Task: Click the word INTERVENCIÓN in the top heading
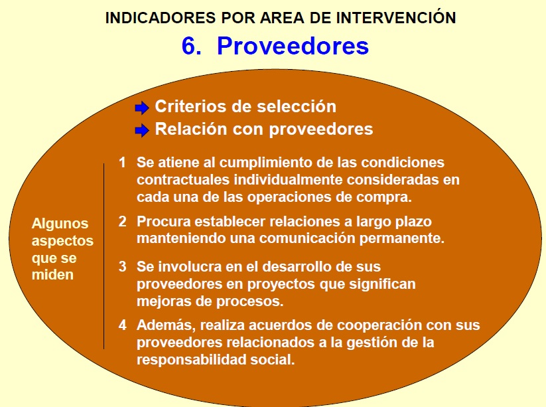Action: (395, 17)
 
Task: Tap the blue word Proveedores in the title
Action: (293, 46)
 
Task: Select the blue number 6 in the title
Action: (191, 46)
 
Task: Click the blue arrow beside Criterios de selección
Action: (142, 108)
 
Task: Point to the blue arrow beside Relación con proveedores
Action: (142, 131)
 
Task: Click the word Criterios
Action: (195, 106)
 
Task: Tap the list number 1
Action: (122, 163)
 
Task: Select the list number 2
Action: (122, 221)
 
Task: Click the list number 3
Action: (122, 266)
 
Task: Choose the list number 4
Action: (122, 325)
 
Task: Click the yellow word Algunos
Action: (60, 224)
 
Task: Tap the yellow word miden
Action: (52, 275)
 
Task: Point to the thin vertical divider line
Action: (103, 256)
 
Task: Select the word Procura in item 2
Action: (164, 221)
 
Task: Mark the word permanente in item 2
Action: (402, 239)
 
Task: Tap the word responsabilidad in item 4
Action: (192, 359)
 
